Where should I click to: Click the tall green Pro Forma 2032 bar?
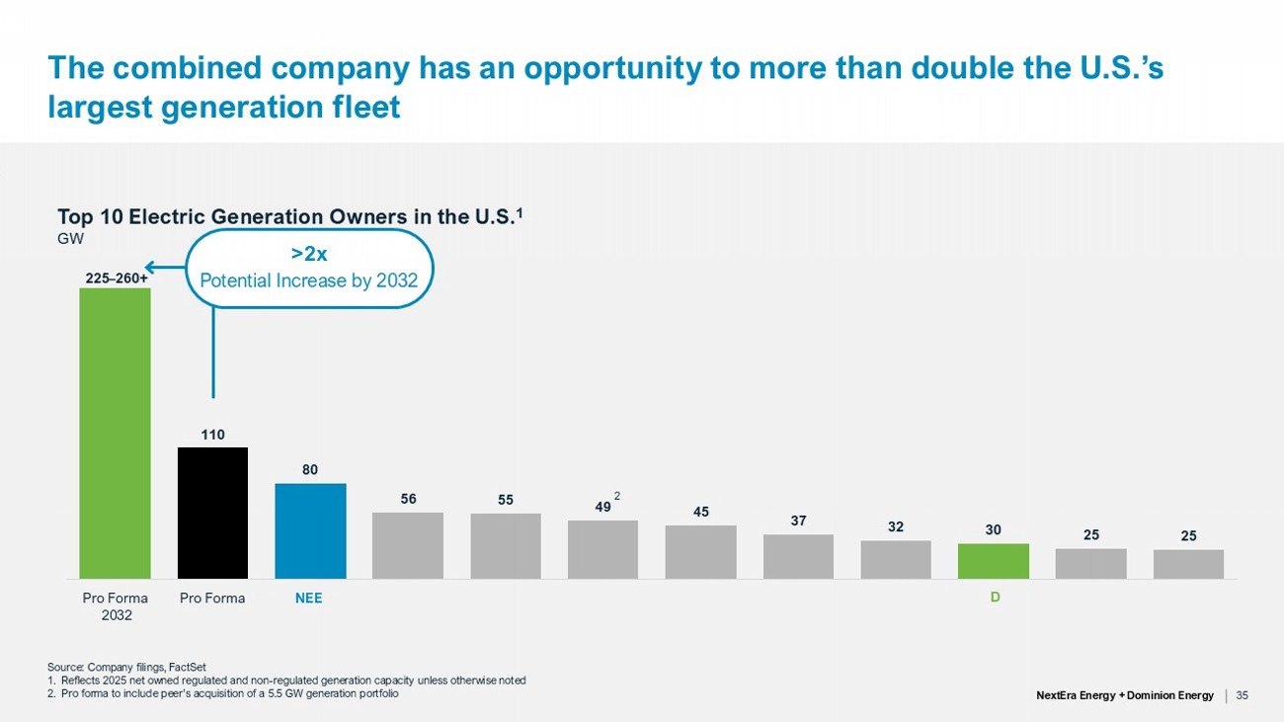(x=115, y=434)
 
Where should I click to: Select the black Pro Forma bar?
(x=212, y=513)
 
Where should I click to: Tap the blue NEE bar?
(x=311, y=531)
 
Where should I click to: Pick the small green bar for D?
(x=994, y=561)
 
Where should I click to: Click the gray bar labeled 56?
(x=408, y=545)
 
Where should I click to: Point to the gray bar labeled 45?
(x=700, y=552)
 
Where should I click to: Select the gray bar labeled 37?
(x=798, y=556)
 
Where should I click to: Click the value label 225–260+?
(x=117, y=279)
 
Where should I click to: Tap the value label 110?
(x=212, y=435)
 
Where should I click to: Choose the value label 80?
(x=310, y=470)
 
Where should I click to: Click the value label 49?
(x=602, y=507)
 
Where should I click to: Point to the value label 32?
(x=896, y=526)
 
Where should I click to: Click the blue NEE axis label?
(x=308, y=599)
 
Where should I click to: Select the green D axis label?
(x=996, y=598)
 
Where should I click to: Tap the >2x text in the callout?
(x=309, y=254)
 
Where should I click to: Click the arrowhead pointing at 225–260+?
(x=149, y=267)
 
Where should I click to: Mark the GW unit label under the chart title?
(x=70, y=239)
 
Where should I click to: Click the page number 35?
(x=1243, y=695)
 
